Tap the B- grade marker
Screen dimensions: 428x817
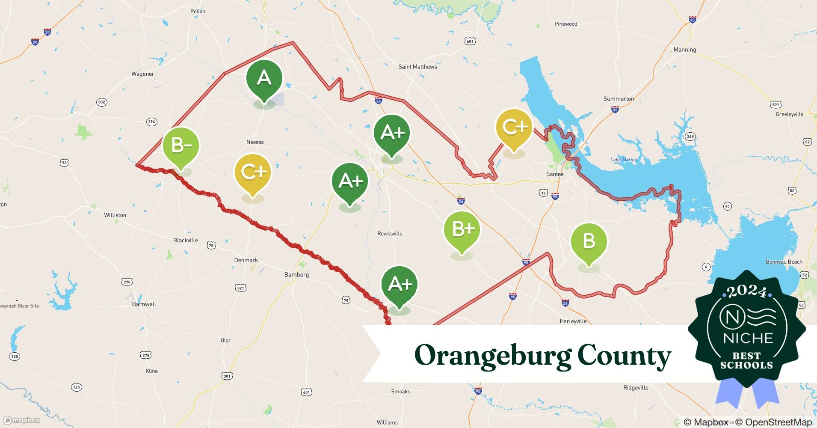point(181,146)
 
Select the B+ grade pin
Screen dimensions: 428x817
point(462,229)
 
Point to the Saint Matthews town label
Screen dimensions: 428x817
point(417,67)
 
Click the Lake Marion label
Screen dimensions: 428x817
point(623,160)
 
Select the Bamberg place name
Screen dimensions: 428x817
point(296,275)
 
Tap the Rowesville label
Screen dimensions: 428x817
point(390,234)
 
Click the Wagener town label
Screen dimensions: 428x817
point(142,74)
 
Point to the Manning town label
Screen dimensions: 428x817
point(684,50)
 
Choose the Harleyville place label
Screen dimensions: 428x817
point(573,321)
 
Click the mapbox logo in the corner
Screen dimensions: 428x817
point(21,420)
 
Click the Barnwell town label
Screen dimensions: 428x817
point(144,304)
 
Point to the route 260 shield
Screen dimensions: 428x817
point(690,137)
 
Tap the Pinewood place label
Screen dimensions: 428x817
point(565,24)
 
